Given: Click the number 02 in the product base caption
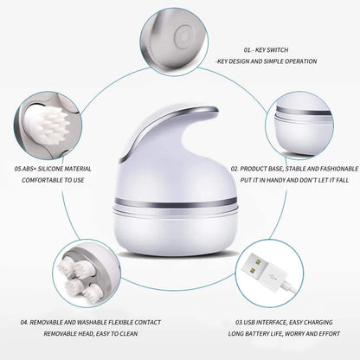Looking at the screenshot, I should (235, 169).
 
